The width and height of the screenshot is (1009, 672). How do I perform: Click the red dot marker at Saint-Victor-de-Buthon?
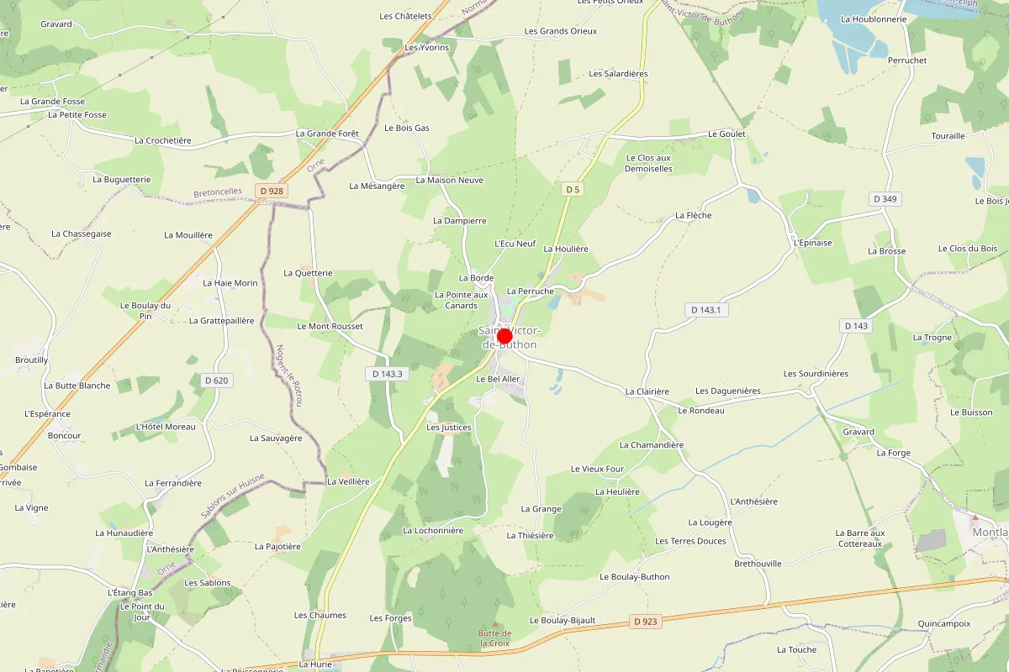click(504, 337)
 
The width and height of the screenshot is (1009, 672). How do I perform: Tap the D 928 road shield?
click(273, 192)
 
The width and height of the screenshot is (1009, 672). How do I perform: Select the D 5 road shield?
click(573, 190)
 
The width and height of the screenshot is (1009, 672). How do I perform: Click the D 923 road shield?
click(646, 622)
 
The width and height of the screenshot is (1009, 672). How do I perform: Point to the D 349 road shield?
click(885, 199)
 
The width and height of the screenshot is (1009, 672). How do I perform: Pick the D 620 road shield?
click(216, 381)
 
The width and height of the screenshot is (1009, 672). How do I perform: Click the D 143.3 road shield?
click(387, 374)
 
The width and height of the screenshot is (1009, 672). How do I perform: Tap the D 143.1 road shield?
click(706, 310)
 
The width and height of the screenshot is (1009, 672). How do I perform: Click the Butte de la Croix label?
click(495, 638)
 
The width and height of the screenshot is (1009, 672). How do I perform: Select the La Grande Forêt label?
click(327, 134)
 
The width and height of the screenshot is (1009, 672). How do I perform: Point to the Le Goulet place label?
click(726, 134)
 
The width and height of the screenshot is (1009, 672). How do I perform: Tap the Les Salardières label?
click(618, 74)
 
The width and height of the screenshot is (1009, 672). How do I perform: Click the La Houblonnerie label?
click(874, 18)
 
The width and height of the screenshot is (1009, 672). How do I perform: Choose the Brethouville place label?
click(758, 563)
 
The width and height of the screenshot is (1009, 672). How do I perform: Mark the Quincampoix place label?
click(944, 623)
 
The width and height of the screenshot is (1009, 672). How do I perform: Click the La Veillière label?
click(348, 481)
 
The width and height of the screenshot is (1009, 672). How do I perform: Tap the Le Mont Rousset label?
click(330, 326)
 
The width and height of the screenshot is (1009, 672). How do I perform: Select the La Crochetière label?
click(163, 140)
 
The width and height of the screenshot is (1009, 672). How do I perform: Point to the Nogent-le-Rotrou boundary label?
click(290, 375)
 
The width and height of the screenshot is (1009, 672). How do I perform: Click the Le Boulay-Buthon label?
click(634, 577)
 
